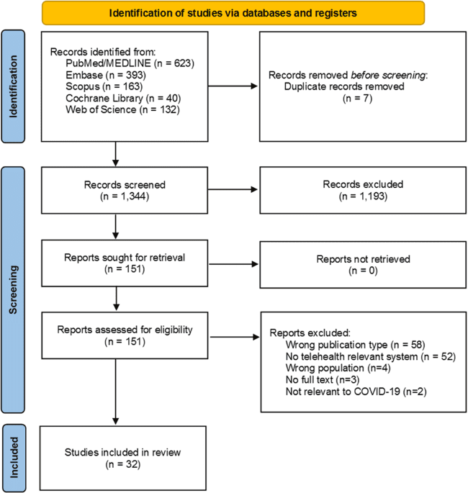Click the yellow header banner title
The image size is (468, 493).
pyautogui.click(x=233, y=12)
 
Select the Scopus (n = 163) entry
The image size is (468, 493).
pyautogui.click(x=98, y=86)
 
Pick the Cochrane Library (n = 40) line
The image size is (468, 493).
pyautogui.click(x=114, y=98)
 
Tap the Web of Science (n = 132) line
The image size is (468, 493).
pyautogui.click(x=114, y=109)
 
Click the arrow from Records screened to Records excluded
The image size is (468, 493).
pyautogui.click(x=224, y=190)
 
